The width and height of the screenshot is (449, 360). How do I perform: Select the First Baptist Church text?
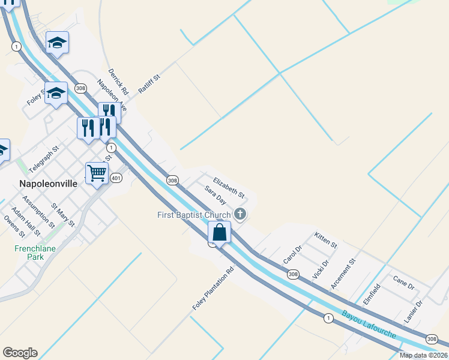point(194,215)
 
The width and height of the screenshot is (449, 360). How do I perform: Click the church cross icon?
point(240,214)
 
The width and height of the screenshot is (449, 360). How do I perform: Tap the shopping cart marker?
point(97,173)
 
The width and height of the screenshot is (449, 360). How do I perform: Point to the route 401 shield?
point(116,178)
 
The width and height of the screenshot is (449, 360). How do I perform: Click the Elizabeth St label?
point(229,187)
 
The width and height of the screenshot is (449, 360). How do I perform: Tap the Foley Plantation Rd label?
point(212,289)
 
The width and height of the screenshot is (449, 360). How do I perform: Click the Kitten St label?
point(326,241)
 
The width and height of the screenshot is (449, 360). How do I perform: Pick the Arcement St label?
point(343,274)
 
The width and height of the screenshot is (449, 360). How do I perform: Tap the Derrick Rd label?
point(119,82)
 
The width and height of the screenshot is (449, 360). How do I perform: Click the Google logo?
point(20,353)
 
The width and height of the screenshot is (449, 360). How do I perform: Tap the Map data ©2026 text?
point(423,355)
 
